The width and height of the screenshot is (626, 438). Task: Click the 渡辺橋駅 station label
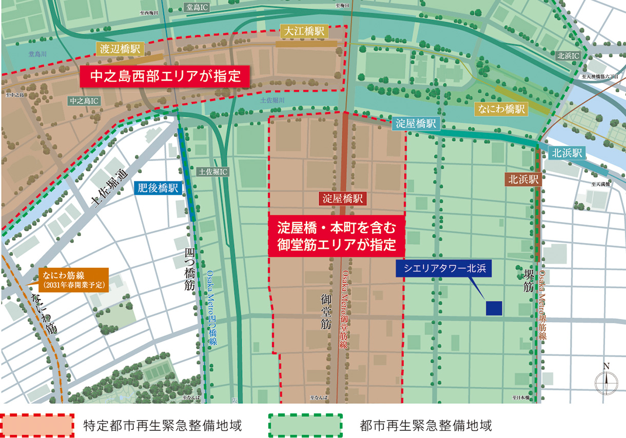coord(120,49)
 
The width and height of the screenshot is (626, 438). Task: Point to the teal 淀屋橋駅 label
coord(416,124)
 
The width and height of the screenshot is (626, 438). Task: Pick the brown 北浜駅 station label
coord(523,180)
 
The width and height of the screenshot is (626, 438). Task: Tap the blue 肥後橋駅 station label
coord(158,188)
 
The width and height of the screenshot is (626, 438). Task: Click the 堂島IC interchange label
coord(198,7)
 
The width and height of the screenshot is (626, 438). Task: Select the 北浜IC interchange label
coord(569,55)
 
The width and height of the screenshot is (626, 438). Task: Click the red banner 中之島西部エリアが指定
coord(165,77)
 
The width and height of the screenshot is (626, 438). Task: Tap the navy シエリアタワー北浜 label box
coord(444,267)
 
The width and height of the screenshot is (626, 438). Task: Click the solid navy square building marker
coord(494,308)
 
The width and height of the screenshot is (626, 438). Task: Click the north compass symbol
coord(606,381)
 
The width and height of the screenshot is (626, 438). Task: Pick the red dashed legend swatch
coord(37,425)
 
